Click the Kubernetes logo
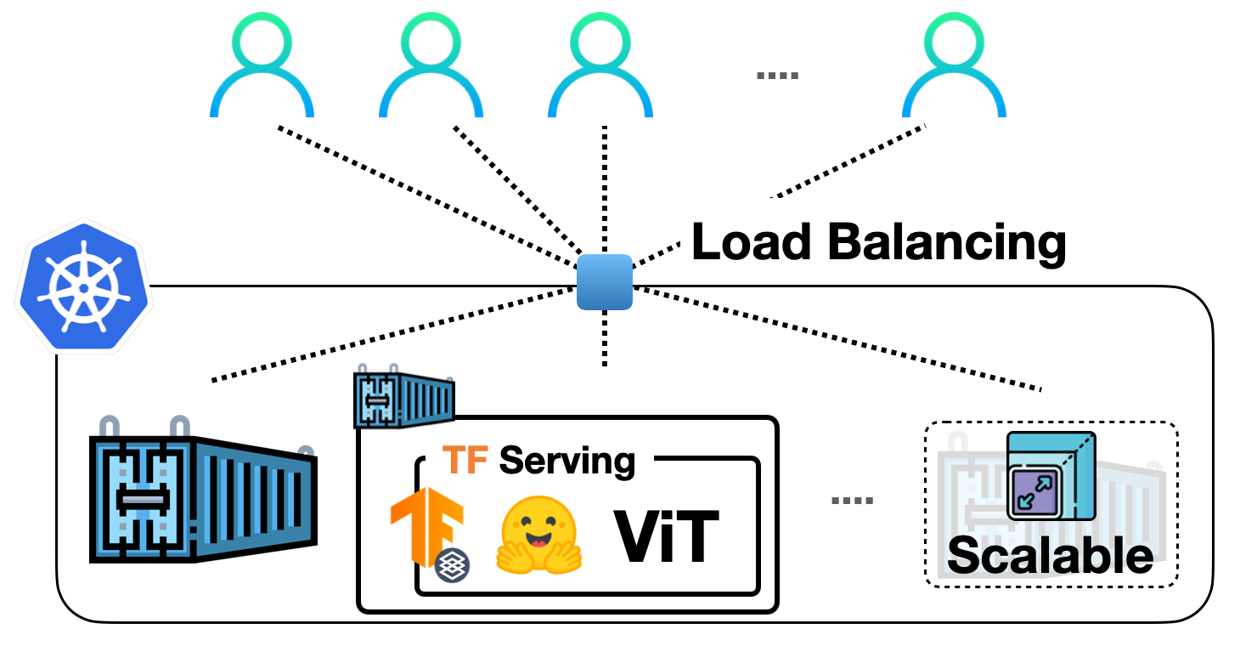83,286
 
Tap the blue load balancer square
605,282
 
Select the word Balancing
947,242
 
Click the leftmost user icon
262,68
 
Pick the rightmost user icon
954,68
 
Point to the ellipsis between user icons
777,76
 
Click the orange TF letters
466,460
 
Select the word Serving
567,460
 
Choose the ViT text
666,536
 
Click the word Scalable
1051,556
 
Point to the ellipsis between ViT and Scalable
852,501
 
